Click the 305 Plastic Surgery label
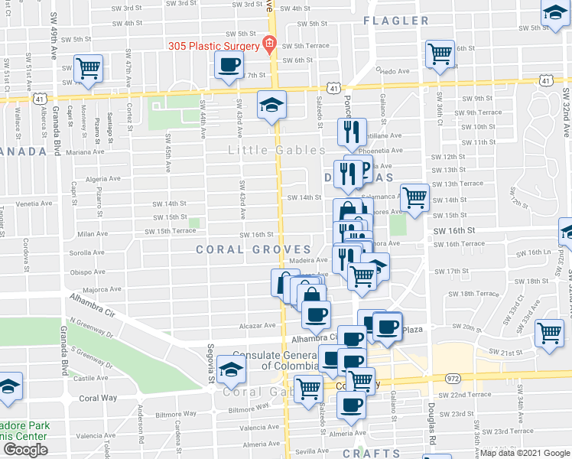pyautogui.click(x=215, y=44)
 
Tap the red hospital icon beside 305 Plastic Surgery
pyautogui.click(x=268, y=44)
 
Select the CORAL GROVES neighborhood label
pyautogui.click(x=253, y=249)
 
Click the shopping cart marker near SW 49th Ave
pyautogui.click(x=89, y=69)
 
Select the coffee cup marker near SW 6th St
pyautogui.click(x=228, y=67)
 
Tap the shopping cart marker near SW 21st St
pyautogui.click(x=549, y=334)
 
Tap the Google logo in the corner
pyautogui.click(x=24, y=450)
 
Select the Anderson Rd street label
pyautogui.click(x=141, y=418)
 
